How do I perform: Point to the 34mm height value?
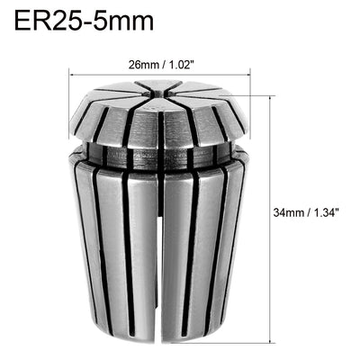tap(290, 212)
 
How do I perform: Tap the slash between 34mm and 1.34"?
tap(309, 212)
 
